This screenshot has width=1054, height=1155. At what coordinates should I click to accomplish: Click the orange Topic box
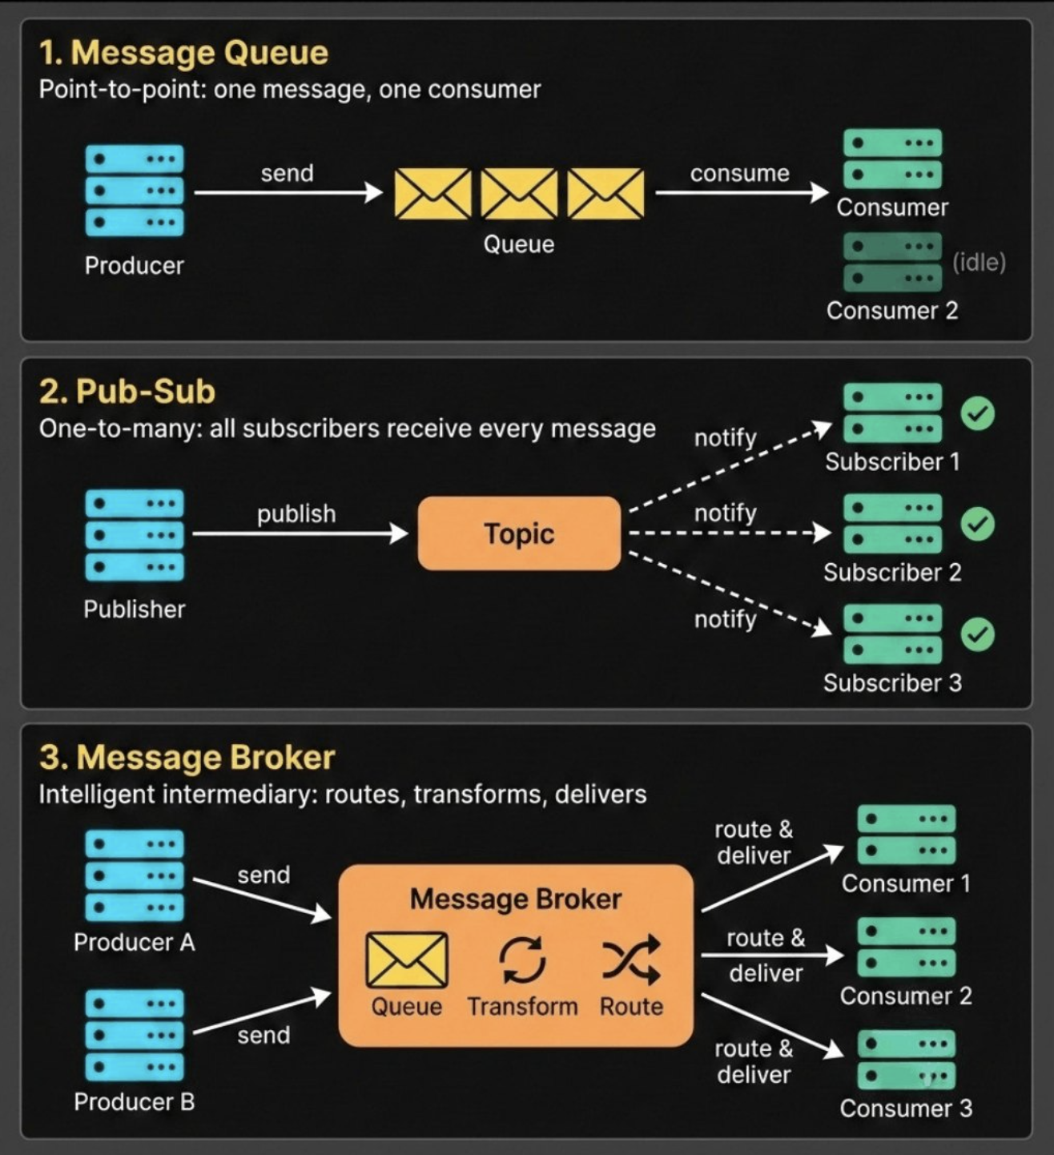tap(519, 533)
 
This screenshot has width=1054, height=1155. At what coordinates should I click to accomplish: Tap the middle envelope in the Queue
tap(519, 193)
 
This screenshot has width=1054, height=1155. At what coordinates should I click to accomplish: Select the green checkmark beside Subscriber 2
tap(977, 524)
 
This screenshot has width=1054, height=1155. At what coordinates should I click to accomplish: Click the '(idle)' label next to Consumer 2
tap(979, 262)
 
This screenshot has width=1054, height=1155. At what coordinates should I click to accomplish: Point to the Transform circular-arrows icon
tap(522, 959)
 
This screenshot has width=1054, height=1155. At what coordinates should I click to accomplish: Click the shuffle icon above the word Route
tap(631, 959)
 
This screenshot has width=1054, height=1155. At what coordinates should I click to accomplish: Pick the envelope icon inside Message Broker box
tap(407, 960)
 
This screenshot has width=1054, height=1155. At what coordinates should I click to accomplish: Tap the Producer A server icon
tap(135, 875)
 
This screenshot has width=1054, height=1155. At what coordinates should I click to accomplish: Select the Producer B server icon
tap(135, 1035)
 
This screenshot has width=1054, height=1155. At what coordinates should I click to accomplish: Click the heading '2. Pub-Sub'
tap(127, 392)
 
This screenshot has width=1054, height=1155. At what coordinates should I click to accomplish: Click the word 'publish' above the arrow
tap(296, 513)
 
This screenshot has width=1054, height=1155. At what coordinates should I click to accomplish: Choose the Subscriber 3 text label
tap(892, 683)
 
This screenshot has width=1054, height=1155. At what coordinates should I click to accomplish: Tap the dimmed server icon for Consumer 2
tap(892, 262)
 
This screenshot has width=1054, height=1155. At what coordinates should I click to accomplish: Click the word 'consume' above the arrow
tap(739, 173)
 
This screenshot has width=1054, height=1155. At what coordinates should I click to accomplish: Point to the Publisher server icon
tap(135, 534)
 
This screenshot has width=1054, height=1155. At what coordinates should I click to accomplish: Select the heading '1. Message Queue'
tap(183, 53)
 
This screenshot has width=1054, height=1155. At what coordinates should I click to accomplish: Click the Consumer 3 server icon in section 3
tap(906, 1059)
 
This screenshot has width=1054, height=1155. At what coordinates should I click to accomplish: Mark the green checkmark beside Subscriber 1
tap(977, 413)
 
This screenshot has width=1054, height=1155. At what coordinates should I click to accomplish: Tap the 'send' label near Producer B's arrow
tap(263, 1035)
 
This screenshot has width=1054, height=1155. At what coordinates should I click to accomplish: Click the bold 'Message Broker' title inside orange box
tap(516, 899)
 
